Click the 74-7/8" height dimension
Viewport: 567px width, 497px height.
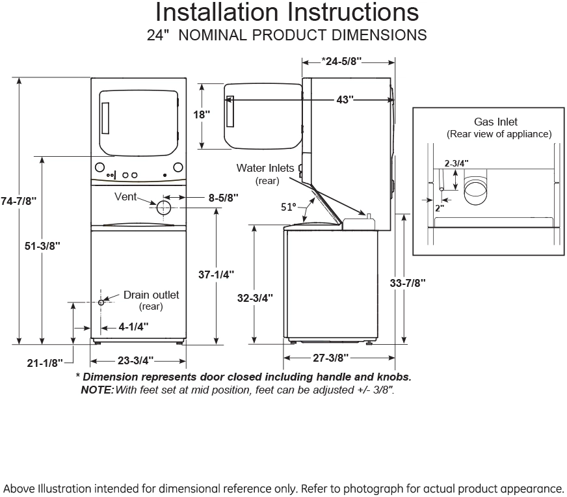tap(18, 202)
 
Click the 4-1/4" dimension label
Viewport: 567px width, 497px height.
tap(134, 327)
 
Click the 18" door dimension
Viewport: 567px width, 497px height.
tap(202, 114)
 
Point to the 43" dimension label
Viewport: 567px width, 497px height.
tap(345, 100)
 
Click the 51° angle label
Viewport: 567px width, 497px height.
tap(288, 207)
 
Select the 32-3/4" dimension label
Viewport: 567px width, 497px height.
tap(255, 298)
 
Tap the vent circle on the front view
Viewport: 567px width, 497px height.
tap(163, 208)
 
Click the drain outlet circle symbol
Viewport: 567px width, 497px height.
tap(101, 302)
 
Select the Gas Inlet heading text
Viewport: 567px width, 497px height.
tap(495, 122)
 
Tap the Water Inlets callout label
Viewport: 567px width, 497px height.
tap(265, 168)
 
